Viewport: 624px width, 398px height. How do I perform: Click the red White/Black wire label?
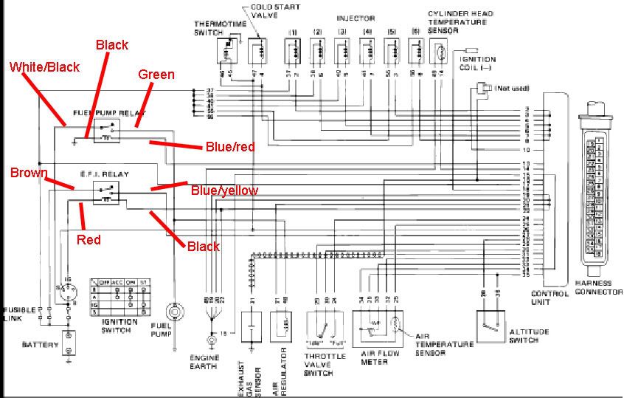pyautogui.click(x=44, y=67)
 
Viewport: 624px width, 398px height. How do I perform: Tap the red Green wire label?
pyautogui.click(x=156, y=75)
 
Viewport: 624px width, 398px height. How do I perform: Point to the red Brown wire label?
pyautogui.click(x=29, y=174)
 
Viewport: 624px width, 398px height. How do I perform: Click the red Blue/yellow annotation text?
pyautogui.click(x=224, y=191)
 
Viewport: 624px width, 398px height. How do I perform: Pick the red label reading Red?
pyautogui.click(x=89, y=240)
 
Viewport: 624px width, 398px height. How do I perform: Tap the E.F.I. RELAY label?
pyautogui.click(x=105, y=174)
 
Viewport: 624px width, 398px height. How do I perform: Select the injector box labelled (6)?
pyautogui.click(x=417, y=51)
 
